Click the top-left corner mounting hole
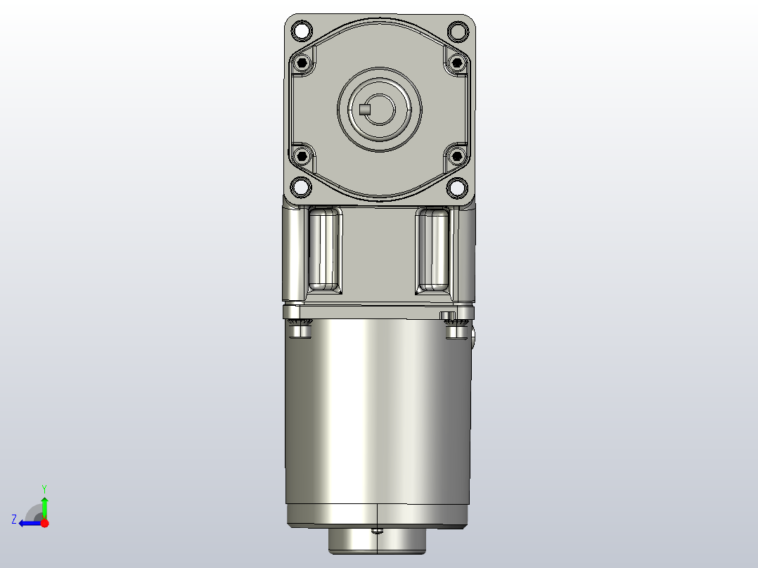301,31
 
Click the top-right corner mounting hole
457,31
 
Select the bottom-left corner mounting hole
301,187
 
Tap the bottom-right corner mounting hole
457,187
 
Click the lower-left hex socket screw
303,155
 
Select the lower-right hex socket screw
456,155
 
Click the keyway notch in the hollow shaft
364,109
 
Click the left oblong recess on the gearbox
325,250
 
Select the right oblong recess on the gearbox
433,250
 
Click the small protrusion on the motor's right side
474,340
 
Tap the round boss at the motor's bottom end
378,541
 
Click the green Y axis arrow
44,505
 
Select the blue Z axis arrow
28,523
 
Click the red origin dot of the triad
44,523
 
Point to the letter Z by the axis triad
14,519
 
